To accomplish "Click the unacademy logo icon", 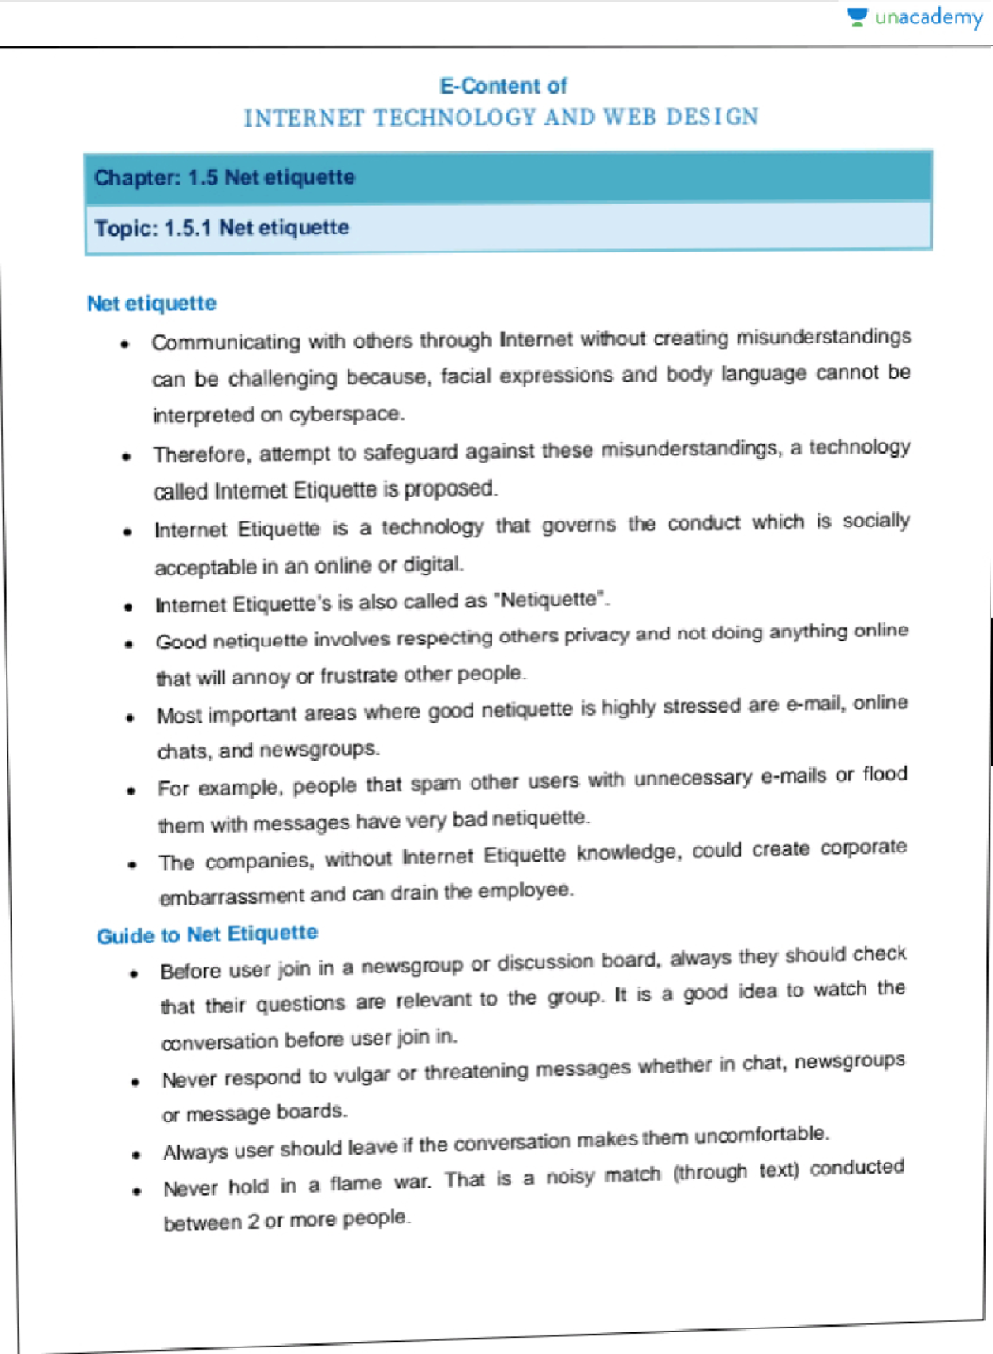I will (858, 17).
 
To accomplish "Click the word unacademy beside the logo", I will (928, 17).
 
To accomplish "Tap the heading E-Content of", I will (503, 86).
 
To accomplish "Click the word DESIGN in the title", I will (712, 117).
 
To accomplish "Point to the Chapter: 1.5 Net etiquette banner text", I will (224, 177).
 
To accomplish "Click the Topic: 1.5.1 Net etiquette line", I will (222, 228).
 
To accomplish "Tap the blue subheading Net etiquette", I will (151, 304).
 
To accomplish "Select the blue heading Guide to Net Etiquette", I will (207, 935).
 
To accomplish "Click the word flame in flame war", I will (356, 1184).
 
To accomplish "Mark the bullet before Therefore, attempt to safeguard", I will (126, 456).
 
